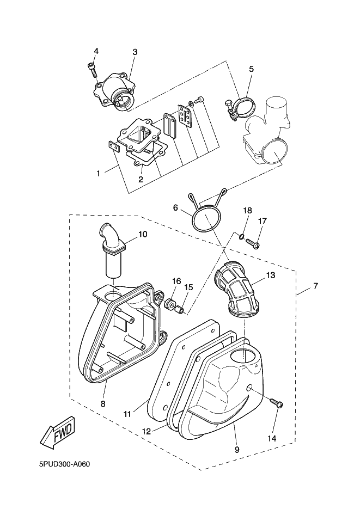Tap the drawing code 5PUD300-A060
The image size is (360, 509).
click(x=64, y=464)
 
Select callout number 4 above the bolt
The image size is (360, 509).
click(x=96, y=51)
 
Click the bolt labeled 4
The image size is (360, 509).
click(x=92, y=70)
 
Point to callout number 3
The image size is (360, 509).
click(x=135, y=52)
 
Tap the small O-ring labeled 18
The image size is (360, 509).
click(x=240, y=237)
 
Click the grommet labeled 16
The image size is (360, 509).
click(x=168, y=305)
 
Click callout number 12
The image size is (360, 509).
click(x=147, y=432)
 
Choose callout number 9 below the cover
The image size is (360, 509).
click(x=237, y=450)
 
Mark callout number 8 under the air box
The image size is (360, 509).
click(x=103, y=404)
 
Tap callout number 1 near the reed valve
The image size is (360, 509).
click(x=99, y=173)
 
